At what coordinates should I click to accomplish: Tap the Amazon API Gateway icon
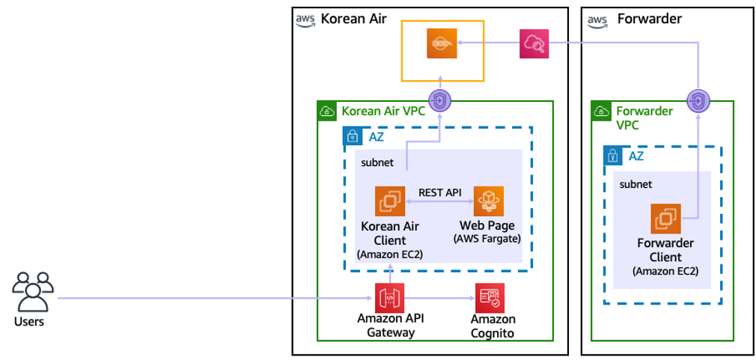click(x=390, y=298)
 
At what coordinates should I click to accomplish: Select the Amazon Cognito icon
click(x=490, y=298)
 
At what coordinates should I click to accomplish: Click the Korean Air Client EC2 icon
click(x=390, y=201)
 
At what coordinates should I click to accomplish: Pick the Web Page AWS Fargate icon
click(x=489, y=201)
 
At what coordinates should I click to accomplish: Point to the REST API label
click(x=439, y=192)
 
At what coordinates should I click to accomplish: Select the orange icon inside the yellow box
click(x=442, y=43)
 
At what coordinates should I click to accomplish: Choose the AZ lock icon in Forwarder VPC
click(x=613, y=156)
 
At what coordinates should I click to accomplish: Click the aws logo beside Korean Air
click(x=305, y=20)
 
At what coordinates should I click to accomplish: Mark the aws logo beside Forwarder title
click(x=597, y=20)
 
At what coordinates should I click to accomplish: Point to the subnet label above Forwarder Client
click(x=635, y=183)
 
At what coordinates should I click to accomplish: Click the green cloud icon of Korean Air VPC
click(x=326, y=112)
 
